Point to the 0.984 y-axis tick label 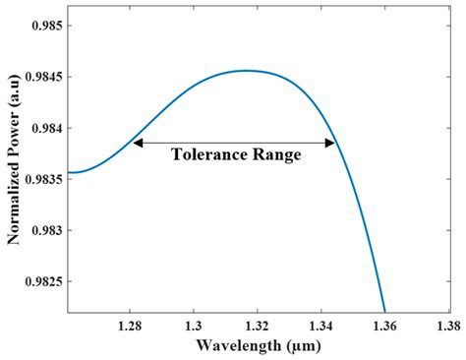point(48,128)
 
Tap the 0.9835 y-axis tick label point(44,179)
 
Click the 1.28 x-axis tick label point(131,324)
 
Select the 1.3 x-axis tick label point(195,324)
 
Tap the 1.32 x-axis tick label point(259,324)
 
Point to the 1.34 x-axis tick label point(322,324)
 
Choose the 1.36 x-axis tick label point(385,324)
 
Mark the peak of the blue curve point(247,70)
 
